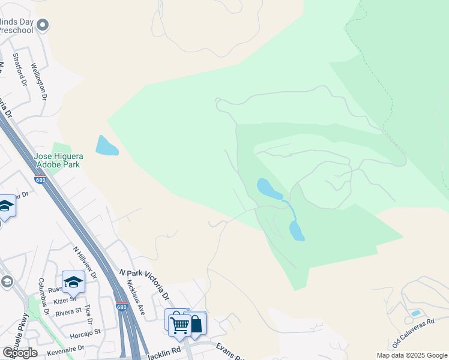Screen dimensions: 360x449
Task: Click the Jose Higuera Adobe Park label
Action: (x=59, y=160)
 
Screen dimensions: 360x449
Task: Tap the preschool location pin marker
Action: (x=42, y=25)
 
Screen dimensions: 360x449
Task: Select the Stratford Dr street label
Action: (x=20, y=70)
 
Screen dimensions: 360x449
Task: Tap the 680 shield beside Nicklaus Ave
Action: (x=122, y=307)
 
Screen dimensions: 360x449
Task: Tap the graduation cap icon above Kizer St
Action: (x=73, y=281)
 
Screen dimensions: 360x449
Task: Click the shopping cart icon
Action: (x=179, y=325)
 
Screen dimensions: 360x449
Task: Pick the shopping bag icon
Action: (x=196, y=325)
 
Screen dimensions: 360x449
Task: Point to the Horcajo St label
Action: (x=85, y=331)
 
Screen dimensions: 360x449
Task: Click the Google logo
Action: (x=20, y=352)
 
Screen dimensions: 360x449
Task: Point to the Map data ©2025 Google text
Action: (x=412, y=355)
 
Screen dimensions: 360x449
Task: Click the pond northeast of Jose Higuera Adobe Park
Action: (x=107, y=146)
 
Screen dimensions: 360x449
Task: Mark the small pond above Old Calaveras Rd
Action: (x=415, y=313)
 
